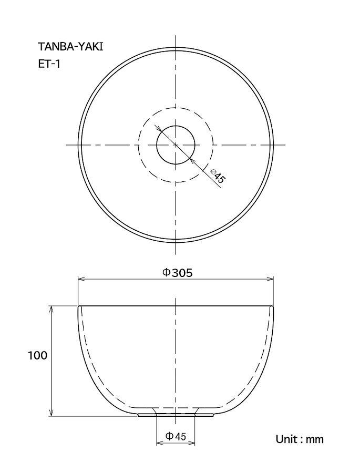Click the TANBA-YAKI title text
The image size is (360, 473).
click(70, 47)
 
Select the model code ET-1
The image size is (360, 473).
click(49, 64)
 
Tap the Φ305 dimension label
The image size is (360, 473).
click(177, 273)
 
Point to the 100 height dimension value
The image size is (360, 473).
click(38, 355)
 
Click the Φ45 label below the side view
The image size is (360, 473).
click(176, 436)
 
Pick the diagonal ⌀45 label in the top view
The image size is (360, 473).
click(218, 176)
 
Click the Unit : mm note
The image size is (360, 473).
click(300, 439)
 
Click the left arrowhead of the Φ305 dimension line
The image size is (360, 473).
click(81, 280)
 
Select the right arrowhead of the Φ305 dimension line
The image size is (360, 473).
click(270, 280)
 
